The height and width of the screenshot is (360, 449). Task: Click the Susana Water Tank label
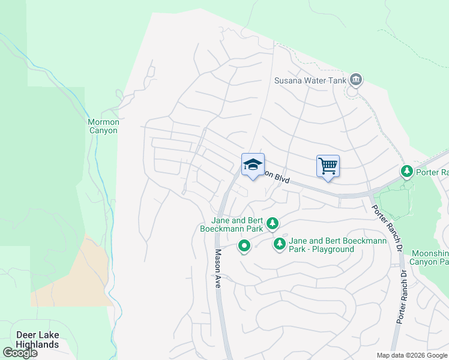[x=310, y=80]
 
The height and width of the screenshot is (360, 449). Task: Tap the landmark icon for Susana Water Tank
[x=356, y=79]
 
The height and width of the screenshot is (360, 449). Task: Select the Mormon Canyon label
[x=104, y=126]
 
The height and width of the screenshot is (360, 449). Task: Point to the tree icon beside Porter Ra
[x=407, y=172]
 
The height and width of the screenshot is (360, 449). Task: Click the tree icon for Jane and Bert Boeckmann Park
[x=273, y=223]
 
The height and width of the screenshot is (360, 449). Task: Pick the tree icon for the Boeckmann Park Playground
[x=279, y=244]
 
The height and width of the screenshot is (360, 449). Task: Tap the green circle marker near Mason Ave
[x=244, y=246]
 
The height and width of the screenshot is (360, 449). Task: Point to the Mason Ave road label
[x=218, y=269]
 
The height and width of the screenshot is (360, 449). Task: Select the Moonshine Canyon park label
[x=429, y=257]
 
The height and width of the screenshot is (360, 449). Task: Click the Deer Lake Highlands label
[x=38, y=340]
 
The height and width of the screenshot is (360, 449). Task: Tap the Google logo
[x=20, y=352]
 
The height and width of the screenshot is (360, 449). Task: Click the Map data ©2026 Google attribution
[x=412, y=355]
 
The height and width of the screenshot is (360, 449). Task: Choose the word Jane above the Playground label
[x=298, y=241]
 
